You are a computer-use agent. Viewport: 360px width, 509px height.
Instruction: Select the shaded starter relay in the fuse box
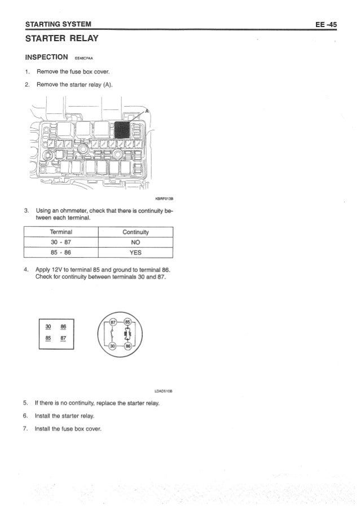coord(122,130)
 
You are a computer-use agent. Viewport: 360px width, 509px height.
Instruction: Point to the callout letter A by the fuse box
coord(148,112)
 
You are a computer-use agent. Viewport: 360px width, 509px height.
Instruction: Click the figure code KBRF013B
coord(163,199)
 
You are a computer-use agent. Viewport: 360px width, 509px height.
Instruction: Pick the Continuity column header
coord(135,232)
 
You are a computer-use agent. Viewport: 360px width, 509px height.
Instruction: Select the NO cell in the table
coord(135,242)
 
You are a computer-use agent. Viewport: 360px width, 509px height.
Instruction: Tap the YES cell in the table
coord(135,252)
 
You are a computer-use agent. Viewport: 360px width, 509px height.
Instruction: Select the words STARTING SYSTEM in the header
coord(55,24)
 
